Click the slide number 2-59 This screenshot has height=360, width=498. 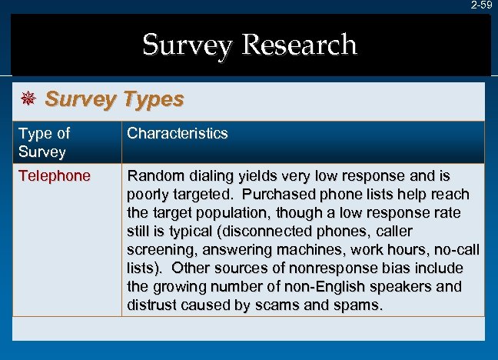(482, 5)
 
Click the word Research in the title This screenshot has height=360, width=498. (299, 45)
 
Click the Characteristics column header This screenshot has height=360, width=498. (178, 133)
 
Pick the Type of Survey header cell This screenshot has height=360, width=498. (45, 142)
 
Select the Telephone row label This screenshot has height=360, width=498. (54, 176)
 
